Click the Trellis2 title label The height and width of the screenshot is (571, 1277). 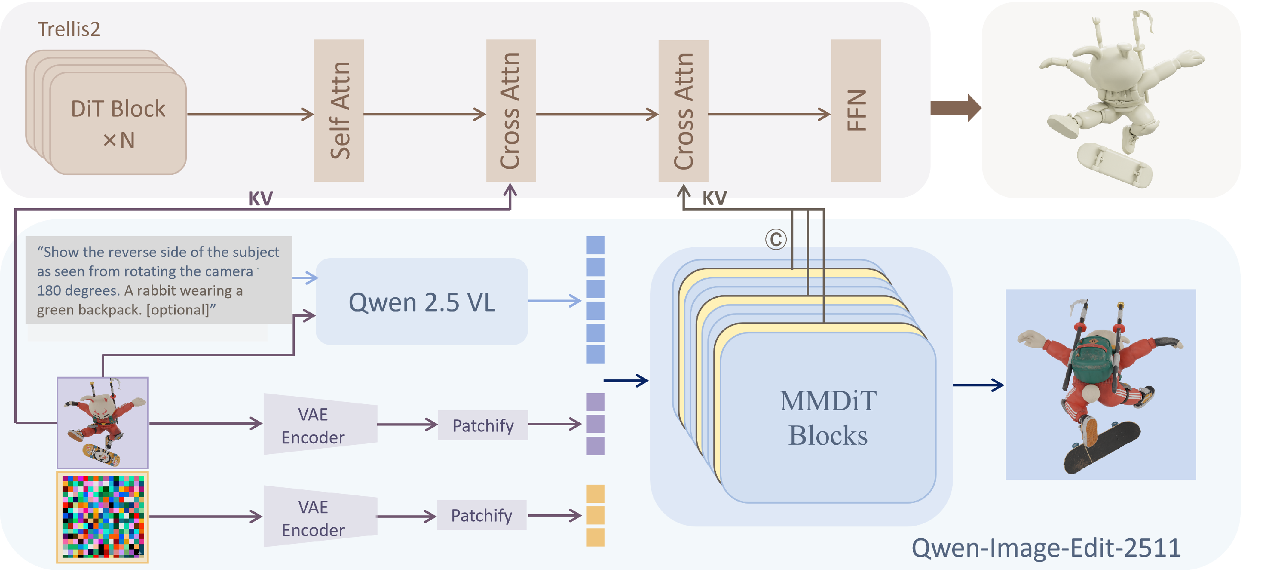coord(69,29)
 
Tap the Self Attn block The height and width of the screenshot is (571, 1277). coord(339,110)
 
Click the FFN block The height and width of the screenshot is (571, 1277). coord(856,110)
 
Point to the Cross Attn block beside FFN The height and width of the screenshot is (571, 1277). coord(683,110)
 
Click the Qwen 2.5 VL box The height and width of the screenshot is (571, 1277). coord(421,302)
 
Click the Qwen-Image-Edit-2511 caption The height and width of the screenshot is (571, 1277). coord(1046,548)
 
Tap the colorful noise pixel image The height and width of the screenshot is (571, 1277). coord(102,517)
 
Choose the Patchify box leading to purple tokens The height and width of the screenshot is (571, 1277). coord(483,425)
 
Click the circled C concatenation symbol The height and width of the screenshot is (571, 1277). coord(776,240)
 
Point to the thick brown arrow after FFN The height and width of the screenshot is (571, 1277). coord(955,108)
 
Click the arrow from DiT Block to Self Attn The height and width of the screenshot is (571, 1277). coord(250,114)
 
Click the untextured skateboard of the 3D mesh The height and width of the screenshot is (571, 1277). coord(1114,165)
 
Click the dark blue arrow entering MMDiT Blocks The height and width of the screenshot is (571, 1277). coord(625,381)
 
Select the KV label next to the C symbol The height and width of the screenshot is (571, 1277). coord(714,198)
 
